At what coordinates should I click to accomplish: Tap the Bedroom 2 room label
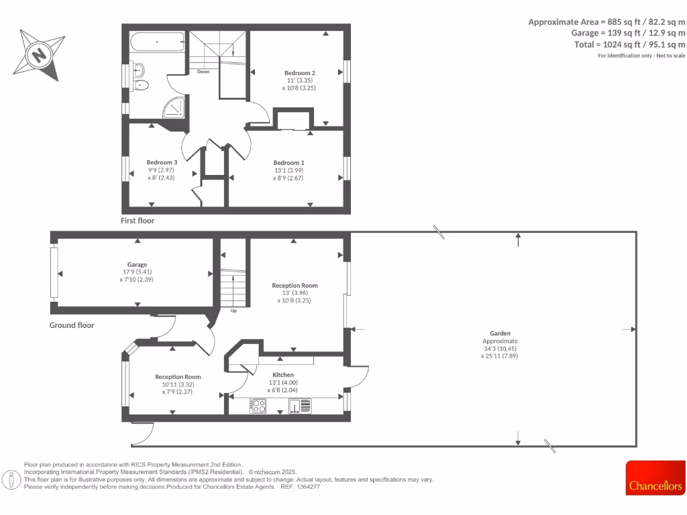(x=299, y=72)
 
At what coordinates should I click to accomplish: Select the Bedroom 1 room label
(x=288, y=162)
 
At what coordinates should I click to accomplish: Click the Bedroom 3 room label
(x=162, y=162)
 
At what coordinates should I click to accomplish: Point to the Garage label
(x=138, y=264)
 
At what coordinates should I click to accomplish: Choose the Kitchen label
(x=282, y=375)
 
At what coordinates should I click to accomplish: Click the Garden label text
(x=500, y=333)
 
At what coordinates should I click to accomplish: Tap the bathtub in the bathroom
(x=157, y=42)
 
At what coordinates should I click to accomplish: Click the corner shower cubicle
(x=175, y=107)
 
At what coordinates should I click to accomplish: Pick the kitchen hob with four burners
(x=258, y=406)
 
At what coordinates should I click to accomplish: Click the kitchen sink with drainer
(x=300, y=406)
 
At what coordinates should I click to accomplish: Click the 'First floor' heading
(x=137, y=220)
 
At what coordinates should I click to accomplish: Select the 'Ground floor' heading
(x=72, y=325)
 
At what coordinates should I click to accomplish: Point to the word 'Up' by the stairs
(x=233, y=310)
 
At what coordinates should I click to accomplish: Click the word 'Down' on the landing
(x=203, y=71)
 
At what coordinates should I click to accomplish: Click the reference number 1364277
(x=308, y=487)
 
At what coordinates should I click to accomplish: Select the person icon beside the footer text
(x=11, y=479)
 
